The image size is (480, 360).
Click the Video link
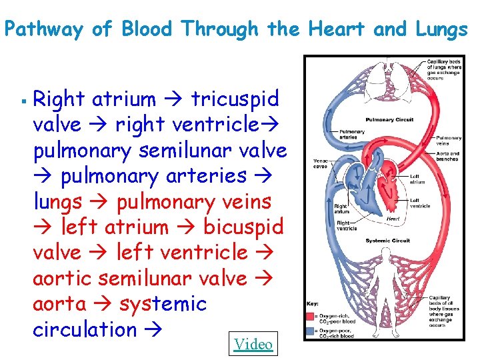click(x=253, y=344)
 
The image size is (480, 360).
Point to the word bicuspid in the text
click(x=243, y=227)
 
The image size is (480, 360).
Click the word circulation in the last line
click(x=85, y=329)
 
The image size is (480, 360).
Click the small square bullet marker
click(x=23, y=102)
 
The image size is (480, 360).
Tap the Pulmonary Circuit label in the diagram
click(x=389, y=120)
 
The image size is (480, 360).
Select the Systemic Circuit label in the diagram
click(x=387, y=241)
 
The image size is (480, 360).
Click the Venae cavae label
click(x=321, y=163)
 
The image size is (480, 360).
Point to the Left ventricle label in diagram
click(x=419, y=203)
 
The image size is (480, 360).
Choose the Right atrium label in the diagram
click(x=341, y=209)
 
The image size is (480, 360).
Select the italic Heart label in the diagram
click(x=393, y=217)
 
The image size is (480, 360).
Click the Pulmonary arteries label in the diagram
click(x=352, y=135)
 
